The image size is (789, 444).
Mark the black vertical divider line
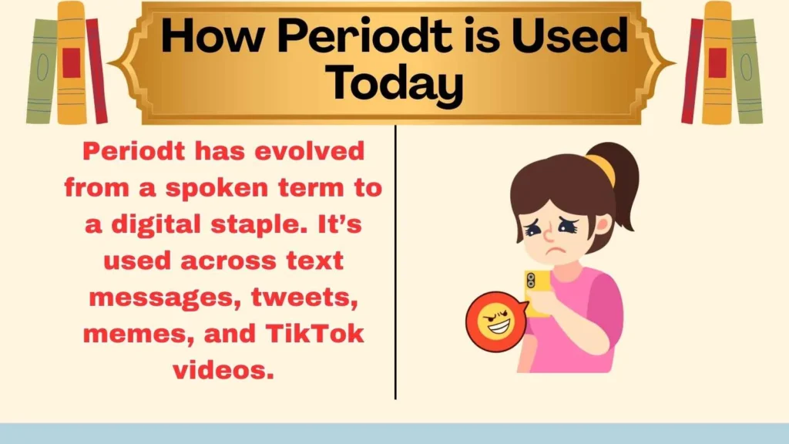pos(395,262)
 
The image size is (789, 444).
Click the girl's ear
pos(603,224)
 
